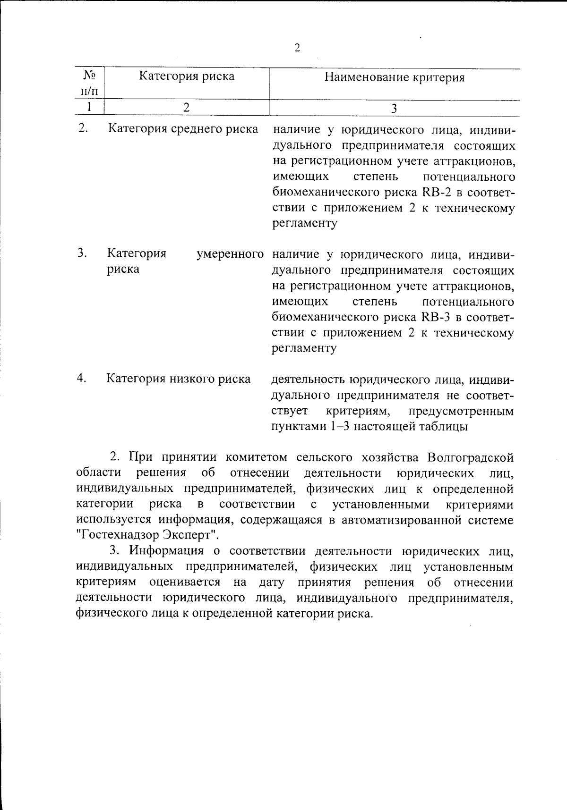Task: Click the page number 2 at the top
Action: click(x=297, y=48)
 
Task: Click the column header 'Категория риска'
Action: click(x=187, y=76)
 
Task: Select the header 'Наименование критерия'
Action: click(x=394, y=77)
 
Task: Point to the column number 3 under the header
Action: click(x=394, y=109)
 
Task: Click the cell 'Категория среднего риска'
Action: click(x=183, y=129)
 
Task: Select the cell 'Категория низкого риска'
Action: click(x=179, y=379)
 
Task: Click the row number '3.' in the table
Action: click(x=82, y=253)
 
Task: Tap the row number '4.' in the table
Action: click(x=82, y=378)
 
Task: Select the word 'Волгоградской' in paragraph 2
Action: click(x=470, y=457)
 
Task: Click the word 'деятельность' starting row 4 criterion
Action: click(x=307, y=379)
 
